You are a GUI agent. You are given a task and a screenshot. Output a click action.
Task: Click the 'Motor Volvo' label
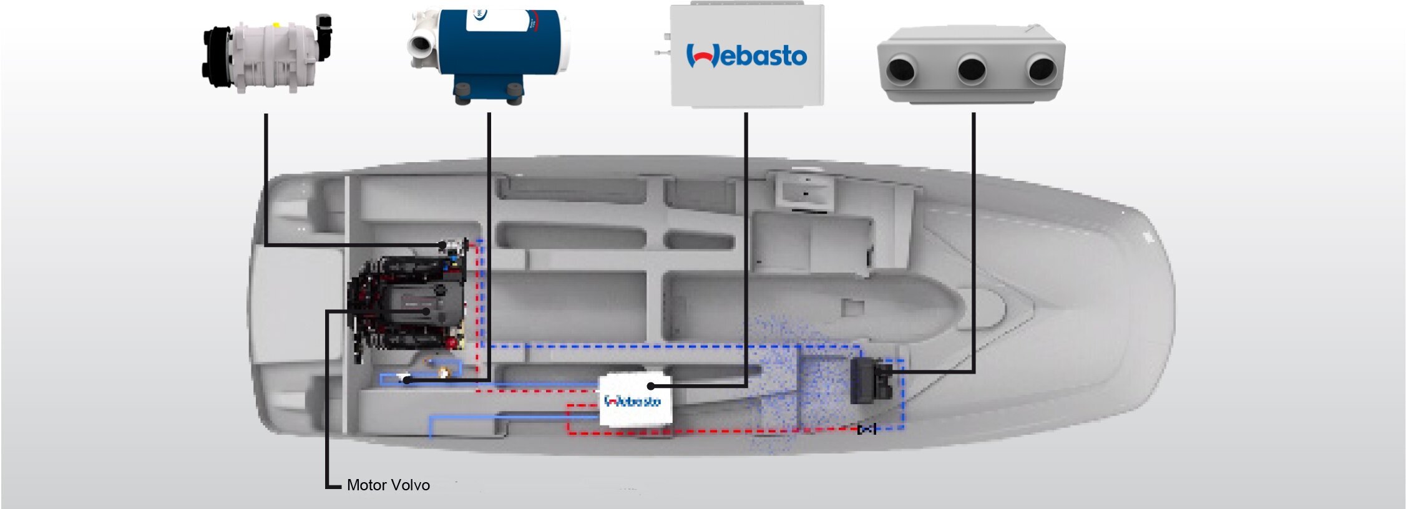click(388, 485)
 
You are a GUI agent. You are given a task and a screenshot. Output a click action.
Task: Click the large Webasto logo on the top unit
click(746, 56)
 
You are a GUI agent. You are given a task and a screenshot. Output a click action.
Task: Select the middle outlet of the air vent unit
click(971, 69)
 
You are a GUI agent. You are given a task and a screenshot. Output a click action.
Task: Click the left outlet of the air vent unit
click(901, 69)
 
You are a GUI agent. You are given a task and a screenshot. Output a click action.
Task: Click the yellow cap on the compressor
click(276, 26)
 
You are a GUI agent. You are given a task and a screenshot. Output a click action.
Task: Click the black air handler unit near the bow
click(871, 380)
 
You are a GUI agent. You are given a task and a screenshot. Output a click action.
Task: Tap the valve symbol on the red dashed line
click(866, 429)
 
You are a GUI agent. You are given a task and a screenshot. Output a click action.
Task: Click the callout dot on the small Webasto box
click(651, 386)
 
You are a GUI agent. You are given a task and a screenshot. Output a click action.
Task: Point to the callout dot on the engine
click(426, 310)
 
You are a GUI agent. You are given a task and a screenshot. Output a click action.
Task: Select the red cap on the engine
click(451, 342)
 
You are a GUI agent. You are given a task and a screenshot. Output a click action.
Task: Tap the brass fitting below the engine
click(444, 373)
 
